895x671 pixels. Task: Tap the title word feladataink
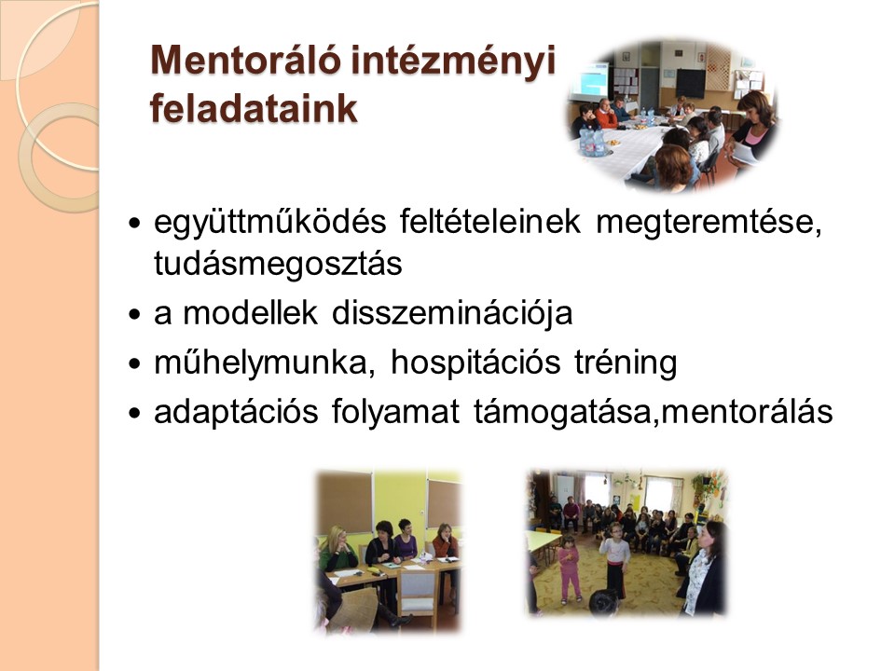[x=254, y=108]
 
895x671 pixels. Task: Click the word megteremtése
[x=709, y=223]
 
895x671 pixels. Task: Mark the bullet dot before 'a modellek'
[x=134, y=314]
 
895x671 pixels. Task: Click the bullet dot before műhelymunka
[x=134, y=363]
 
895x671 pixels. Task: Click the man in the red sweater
[x=604, y=113]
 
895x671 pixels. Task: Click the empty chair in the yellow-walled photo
[x=418, y=595]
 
